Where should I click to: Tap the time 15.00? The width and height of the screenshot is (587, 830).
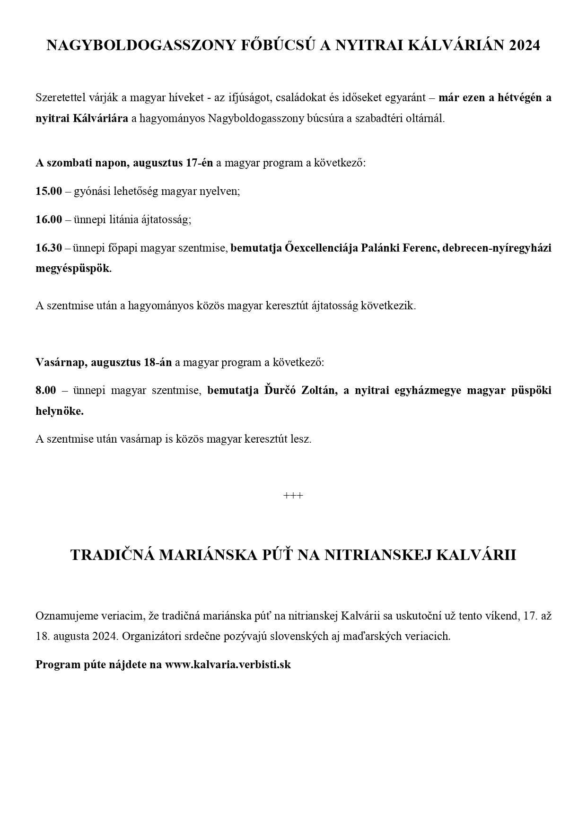tap(49, 192)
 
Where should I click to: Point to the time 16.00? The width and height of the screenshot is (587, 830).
tap(49, 220)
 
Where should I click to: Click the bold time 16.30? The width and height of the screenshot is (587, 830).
tap(49, 248)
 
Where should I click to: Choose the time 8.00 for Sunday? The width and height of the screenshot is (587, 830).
tap(45, 390)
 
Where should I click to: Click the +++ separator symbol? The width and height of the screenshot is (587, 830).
tap(293, 496)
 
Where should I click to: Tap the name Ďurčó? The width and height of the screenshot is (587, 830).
tap(279, 390)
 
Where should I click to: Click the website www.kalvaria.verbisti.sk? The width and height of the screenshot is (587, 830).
tap(228, 664)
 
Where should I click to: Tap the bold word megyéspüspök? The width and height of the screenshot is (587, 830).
tap(73, 269)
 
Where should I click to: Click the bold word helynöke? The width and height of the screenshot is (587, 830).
tap(60, 411)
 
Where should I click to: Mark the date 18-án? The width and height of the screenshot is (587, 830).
tap(158, 363)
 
